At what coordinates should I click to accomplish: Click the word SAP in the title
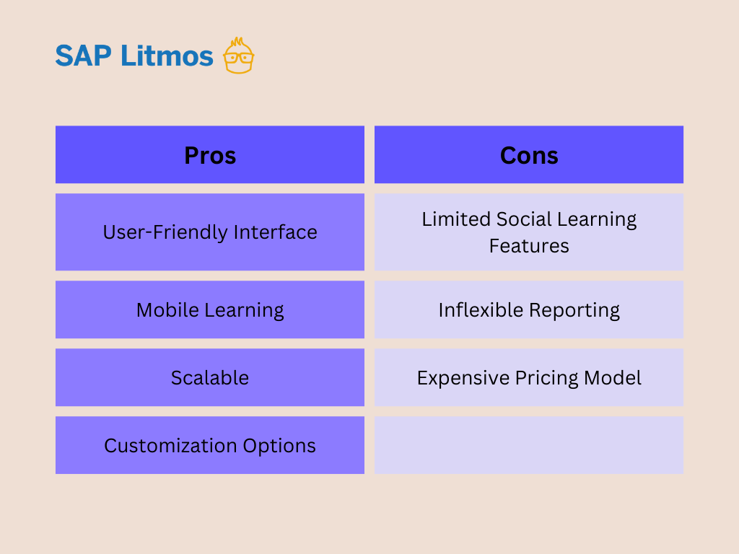tap(84, 56)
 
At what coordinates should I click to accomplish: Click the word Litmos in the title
tap(167, 56)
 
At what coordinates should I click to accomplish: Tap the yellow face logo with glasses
tap(238, 56)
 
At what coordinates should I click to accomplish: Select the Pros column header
tap(210, 154)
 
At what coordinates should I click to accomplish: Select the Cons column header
tap(529, 154)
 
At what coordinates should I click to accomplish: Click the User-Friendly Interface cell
tap(210, 232)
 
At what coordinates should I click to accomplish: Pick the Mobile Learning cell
tap(210, 309)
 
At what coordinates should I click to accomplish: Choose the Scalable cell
tap(210, 377)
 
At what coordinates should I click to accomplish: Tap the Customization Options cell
tap(210, 445)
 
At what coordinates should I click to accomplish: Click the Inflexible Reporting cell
tap(529, 309)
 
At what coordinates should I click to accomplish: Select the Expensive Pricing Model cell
tap(529, 377)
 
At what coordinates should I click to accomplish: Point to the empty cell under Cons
tap(529, 445)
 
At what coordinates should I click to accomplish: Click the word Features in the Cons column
tap(529, 246)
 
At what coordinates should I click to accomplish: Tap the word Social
tap(524, 219)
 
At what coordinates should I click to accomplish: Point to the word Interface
tap(275, 232)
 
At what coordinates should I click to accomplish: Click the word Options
tap(279, 446)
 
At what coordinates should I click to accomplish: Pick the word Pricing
tap(547, 378)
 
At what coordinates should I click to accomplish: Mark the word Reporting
tap(574, 310)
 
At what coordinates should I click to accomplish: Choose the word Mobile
tap(167, 309)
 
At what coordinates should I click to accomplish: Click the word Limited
tap(456, 219)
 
